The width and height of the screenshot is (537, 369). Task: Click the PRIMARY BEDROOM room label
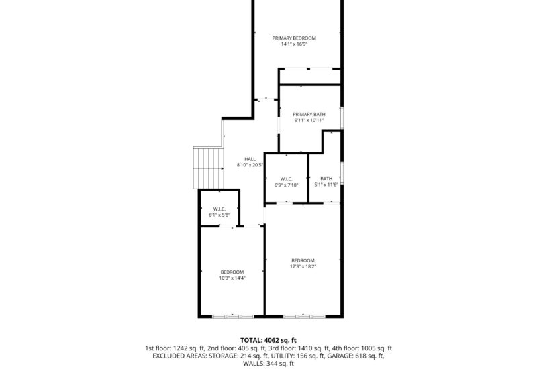(294, 38)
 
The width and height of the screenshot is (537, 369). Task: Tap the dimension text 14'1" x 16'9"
(294, 45)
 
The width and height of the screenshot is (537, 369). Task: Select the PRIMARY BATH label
(309, 115)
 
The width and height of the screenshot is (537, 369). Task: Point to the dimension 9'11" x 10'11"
(309, 121)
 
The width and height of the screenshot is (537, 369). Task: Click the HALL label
(250, 159)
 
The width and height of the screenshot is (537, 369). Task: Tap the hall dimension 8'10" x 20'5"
(250, 166)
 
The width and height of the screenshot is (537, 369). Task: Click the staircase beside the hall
(208, 169)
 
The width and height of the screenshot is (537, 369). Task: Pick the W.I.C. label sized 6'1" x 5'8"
(219, 209)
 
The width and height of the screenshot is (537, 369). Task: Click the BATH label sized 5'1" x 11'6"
(326, 178)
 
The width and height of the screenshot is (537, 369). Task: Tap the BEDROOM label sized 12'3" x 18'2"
(303, 260)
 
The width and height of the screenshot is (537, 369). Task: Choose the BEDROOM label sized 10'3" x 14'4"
(232, 272)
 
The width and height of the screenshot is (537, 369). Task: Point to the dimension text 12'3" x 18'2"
(303, 267)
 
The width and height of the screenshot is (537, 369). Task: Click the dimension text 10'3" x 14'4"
(232, 278)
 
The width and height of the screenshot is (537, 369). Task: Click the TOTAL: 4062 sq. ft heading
(268, 340)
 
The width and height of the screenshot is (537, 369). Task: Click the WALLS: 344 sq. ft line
(268, 364)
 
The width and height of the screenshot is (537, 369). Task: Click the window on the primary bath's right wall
(342, 117)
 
